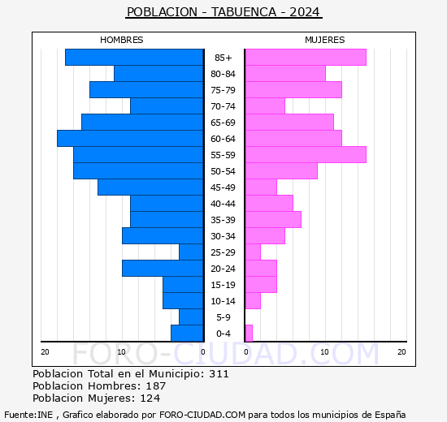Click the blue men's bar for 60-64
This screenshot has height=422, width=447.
[130, 139]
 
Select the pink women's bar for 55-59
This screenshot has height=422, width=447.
[306, 155]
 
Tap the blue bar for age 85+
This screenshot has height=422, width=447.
[134, 58]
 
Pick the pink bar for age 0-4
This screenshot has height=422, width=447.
[249, 334]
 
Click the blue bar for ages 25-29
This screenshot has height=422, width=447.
[191, 252]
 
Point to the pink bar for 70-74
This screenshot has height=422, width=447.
[265, 106]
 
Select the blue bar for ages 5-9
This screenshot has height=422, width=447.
[191, 317]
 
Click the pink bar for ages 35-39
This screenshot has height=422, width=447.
[273, 220]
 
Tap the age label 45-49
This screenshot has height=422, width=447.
[223, 187]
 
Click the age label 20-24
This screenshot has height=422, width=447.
[223, 269]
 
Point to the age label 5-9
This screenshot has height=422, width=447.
[223, 317]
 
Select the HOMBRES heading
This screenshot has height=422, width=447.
[121, 40]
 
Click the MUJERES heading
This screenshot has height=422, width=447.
[325, 40]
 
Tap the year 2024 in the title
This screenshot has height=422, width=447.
[305, 12]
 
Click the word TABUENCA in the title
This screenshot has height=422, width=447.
[244, 12]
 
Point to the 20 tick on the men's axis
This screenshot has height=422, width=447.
[45, 352]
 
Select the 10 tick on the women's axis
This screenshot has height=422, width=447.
[325, 352]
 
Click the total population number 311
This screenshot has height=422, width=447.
[219, 373]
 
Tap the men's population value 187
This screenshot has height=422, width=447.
[156, 385]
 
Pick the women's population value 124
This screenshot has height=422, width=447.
[150, 398]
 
